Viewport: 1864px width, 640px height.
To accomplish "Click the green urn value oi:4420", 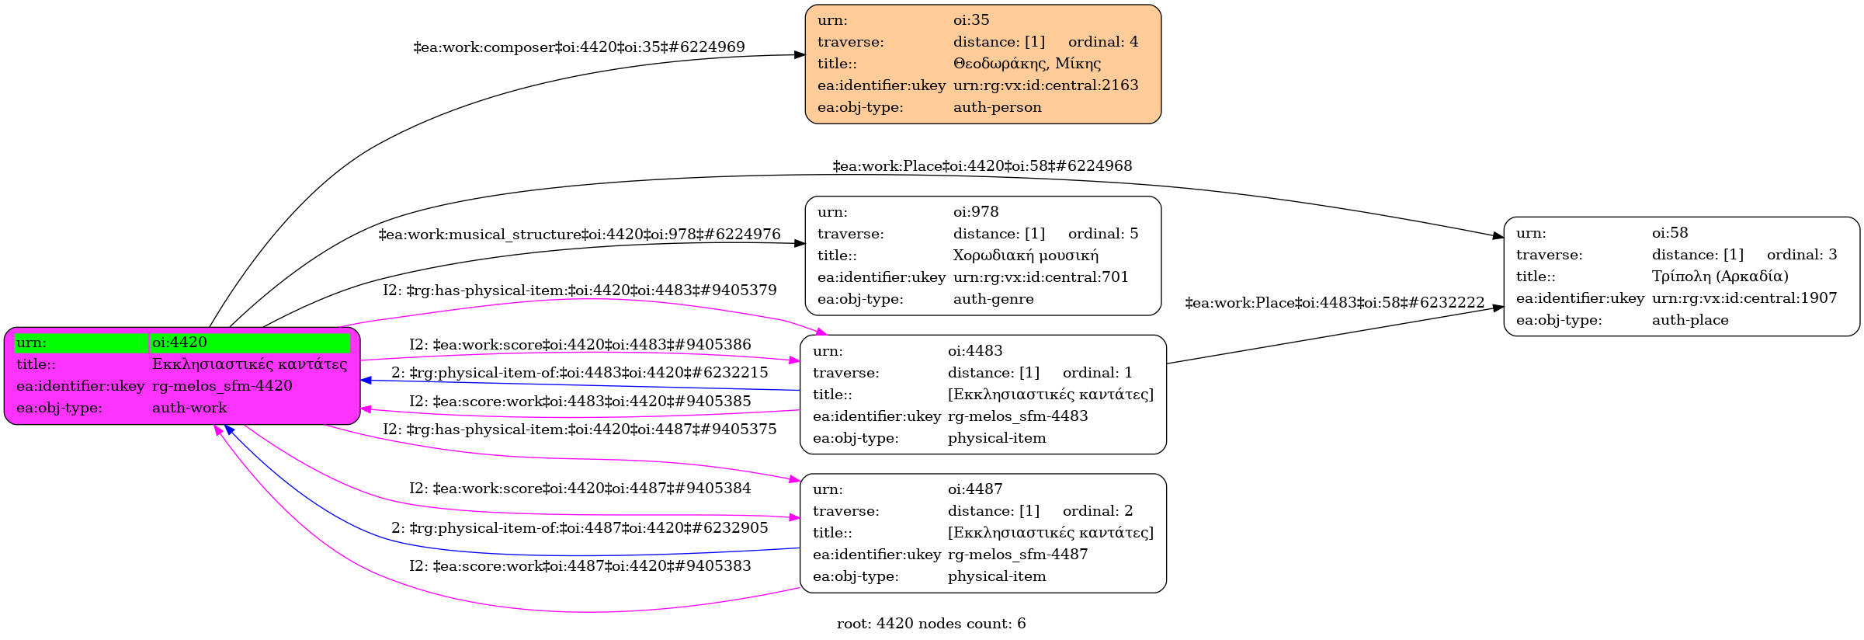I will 179,343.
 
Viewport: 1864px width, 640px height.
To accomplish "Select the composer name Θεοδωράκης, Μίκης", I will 1026,64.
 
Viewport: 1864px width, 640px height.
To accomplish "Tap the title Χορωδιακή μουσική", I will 1025,256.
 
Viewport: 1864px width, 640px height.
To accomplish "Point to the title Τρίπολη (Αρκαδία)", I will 1720,277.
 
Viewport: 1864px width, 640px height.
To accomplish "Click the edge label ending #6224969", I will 579,47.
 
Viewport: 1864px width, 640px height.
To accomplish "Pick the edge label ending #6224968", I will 982,166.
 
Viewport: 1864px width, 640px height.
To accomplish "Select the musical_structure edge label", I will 579,235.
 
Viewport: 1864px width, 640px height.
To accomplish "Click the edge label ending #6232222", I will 1335,303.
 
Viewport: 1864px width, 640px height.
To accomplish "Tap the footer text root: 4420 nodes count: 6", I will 931,624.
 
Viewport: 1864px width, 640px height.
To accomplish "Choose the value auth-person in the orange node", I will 997,107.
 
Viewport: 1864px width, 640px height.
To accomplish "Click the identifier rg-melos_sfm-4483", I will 1017,416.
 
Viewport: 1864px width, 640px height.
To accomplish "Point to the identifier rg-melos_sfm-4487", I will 1017,555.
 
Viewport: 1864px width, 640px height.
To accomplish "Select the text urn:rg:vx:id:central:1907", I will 1744,298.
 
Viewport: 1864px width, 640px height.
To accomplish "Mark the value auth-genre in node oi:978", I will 993,299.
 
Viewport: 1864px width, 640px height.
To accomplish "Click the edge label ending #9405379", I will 579,290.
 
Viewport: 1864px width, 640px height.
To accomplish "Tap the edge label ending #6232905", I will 579,528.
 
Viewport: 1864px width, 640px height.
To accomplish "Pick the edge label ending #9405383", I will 579,566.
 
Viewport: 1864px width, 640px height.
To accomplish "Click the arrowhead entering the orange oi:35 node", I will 800,55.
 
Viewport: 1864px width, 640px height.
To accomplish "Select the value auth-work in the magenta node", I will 189,408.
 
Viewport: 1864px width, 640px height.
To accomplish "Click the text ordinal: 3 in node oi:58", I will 1801,255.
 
